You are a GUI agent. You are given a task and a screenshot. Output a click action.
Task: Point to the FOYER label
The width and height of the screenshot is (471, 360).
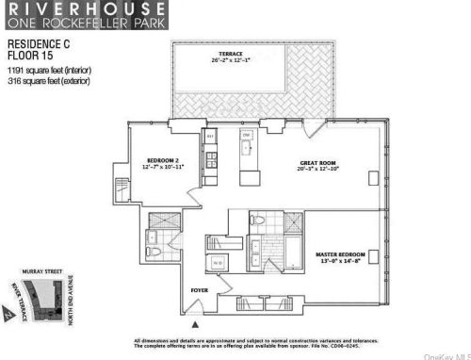pyautogui.click(x=199, y=290)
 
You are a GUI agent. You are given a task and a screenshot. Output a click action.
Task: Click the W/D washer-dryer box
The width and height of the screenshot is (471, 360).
pyautogui.click(x=217, y=262)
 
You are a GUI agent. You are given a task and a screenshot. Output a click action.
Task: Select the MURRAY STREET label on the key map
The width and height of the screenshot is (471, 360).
pyautogui.click(x=44, y=272)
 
